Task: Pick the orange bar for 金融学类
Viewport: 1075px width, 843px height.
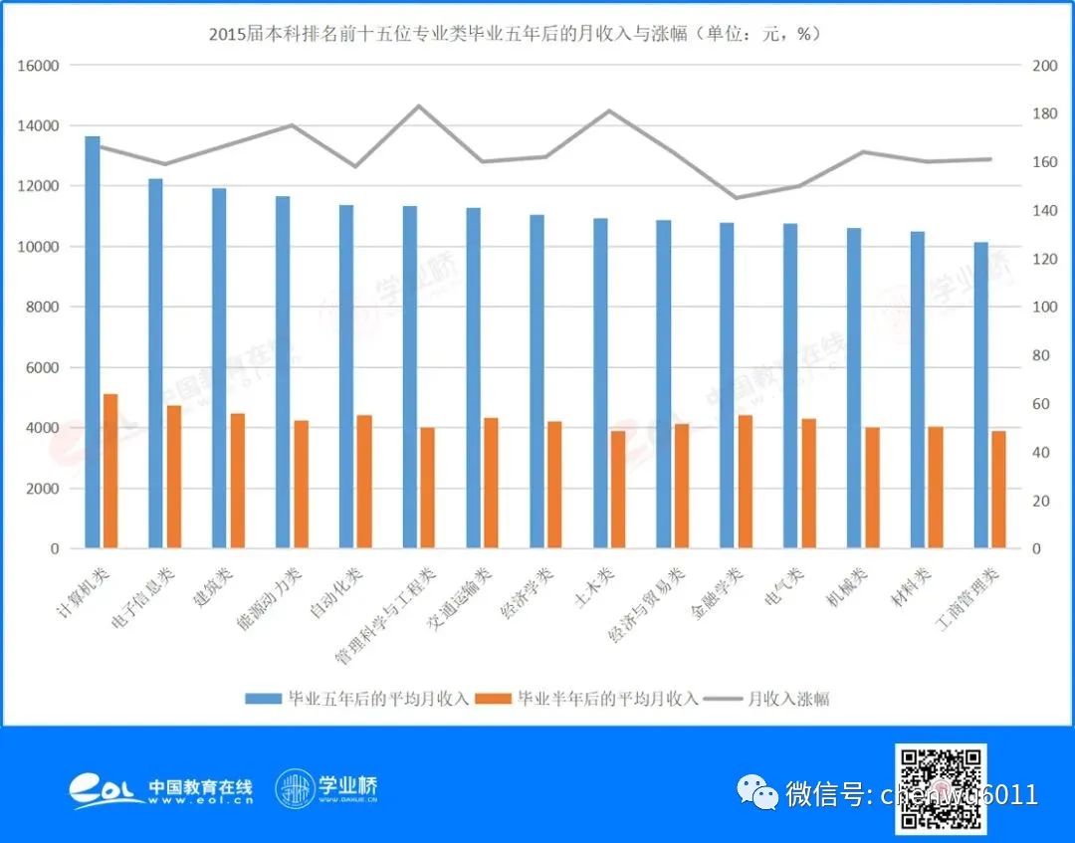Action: [745, 482]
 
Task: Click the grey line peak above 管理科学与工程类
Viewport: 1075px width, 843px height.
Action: [419, 105]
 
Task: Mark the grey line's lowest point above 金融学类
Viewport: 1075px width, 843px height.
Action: [736, 198]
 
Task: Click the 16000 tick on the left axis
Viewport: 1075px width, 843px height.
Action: [39, 66]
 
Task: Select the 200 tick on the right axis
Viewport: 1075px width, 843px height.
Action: [1043, 66]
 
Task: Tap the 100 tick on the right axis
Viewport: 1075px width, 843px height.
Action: [1043, 308]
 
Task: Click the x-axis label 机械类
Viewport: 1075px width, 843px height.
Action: [848, 589]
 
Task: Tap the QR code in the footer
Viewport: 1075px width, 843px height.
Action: [941, 788]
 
